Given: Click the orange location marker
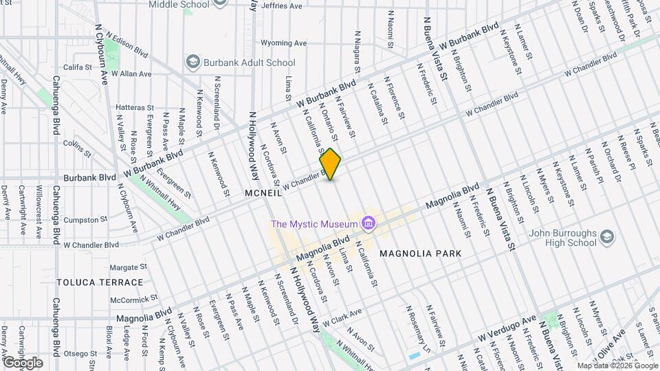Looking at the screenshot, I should (x=331, y=164).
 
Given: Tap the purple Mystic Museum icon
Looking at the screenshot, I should (x=368, y=223).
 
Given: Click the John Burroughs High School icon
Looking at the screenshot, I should (x=607, y=238).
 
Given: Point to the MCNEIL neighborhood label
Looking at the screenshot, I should (x=263, y=194).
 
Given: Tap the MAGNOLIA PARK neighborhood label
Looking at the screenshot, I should (x=419, y=254).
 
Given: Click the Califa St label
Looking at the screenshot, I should (x=77, y=67).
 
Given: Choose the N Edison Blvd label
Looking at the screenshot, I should (x=126, y=46).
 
